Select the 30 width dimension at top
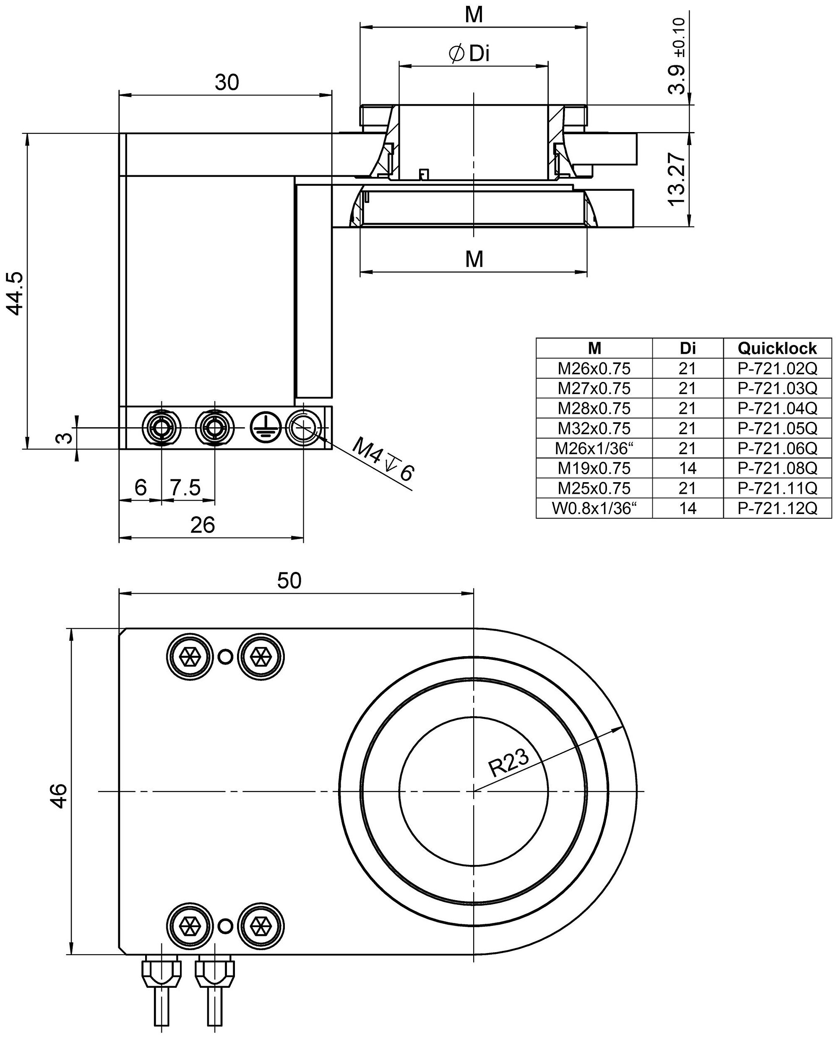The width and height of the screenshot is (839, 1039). coord(227,83)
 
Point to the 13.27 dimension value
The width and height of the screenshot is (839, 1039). coord(677,180)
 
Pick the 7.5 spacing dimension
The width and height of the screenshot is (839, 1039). coord(185,488)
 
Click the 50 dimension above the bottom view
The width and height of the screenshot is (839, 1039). coord(289,581)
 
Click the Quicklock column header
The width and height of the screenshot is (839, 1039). coord(776,348)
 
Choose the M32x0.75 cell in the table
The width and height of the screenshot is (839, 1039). coord(594,429)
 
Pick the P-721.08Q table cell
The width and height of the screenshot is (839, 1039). coord(776,468)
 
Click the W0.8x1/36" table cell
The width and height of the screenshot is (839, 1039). coord(594,508)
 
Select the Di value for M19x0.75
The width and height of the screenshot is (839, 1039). coord(687,468)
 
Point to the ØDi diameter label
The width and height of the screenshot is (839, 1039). coord(469,54)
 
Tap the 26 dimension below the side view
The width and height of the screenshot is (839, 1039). coord(203,525)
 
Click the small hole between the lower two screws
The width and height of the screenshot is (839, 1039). coord(225,926)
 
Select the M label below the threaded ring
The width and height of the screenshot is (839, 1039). coord(474,260)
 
